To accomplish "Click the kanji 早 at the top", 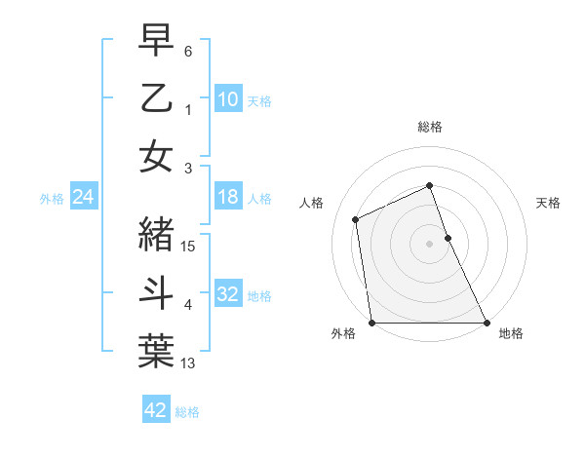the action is [x=156, y=41].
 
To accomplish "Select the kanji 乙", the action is [x=156, y=99].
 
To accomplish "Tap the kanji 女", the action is [x=156, y=157].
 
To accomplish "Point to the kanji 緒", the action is [x=156, y=235].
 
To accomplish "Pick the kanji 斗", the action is [x=156, y=293].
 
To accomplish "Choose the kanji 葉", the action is [x=156, y=352].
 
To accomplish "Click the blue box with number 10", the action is [x=228, y=99].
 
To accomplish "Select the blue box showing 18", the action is [x=228, y=197].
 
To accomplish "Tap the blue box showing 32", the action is [x=228, y=294].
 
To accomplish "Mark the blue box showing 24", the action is [x=84, y=197].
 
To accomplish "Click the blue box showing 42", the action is [x=156, y=410].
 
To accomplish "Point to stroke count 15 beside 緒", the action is [x=189, y=247].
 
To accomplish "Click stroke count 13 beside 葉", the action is [x=189, y=363].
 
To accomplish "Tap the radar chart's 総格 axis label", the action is [x=430, y=127].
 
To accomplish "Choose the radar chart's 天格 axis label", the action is [x=549, y=203].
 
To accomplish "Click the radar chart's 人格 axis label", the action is [x=312, y=203].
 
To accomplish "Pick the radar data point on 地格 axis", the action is [x=486, y=323].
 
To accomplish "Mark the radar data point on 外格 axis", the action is [x=372, y=323].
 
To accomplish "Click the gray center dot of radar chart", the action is [x=429, y=244].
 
